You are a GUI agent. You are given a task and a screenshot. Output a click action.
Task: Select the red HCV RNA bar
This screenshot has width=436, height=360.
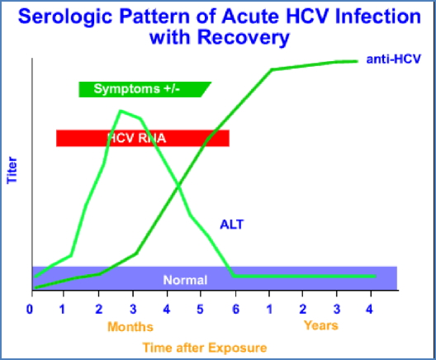click(142, 139)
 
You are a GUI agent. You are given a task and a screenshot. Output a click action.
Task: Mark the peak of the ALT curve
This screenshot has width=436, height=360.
click(121, 111)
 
